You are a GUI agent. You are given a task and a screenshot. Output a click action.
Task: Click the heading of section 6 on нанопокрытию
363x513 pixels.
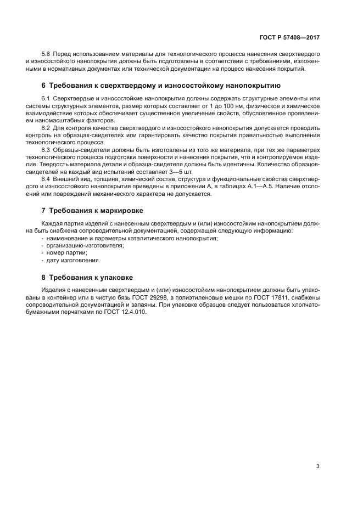[x=161, y=86]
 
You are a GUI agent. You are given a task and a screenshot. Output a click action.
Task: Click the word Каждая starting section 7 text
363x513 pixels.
[x=53, y=223]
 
